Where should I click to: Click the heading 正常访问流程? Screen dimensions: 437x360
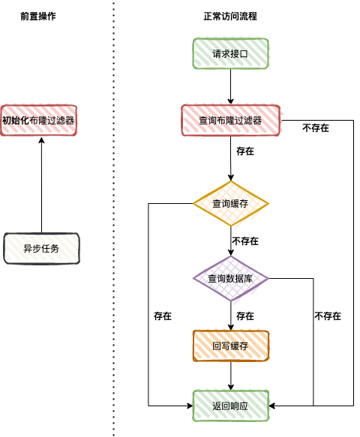[x=230, y=16]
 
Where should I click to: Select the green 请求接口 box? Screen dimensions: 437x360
[x=230, y=54]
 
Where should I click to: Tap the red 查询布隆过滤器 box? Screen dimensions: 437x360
[x=230, y=120]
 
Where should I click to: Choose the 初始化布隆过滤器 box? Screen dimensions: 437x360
[x=40, y=120]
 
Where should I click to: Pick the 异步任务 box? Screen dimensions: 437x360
[x=41, y=248]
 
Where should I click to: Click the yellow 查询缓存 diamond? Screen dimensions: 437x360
[x=230, y=203]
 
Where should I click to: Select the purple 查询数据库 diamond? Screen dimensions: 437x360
[x=230, y=279]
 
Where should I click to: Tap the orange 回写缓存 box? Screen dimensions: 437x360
[x=230, y=346]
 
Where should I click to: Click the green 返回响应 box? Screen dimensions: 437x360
[x=230, y=406]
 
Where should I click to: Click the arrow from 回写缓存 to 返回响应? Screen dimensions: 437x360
[x=230, y=376]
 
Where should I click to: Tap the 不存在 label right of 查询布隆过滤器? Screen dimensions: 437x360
[x=315, y=128]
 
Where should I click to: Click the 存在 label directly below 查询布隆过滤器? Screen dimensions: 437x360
[x=245, y=151]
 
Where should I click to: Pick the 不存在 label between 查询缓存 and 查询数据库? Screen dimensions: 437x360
[x=245, y=241]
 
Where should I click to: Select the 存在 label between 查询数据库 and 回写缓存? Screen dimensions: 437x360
[x=245, y=316]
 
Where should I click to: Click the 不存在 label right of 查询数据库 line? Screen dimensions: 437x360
[x=328, y=316]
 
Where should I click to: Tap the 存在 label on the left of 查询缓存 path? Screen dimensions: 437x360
[x=162, y=316]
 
